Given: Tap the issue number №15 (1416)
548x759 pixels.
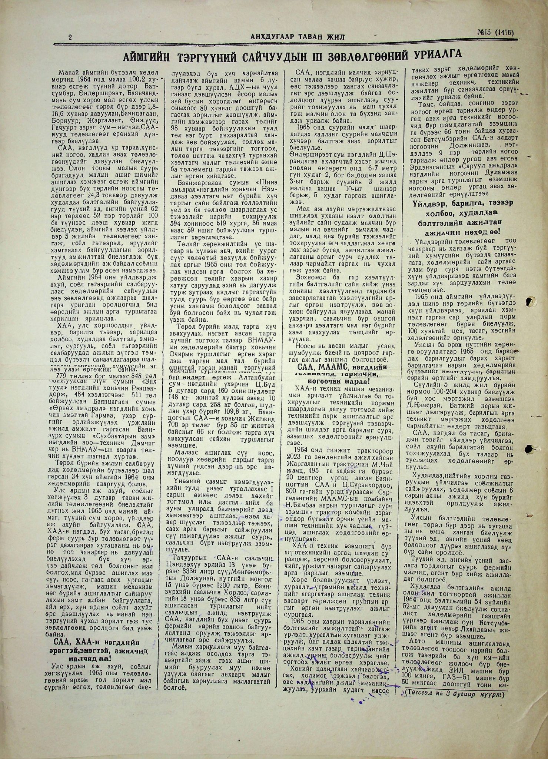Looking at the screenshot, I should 495,33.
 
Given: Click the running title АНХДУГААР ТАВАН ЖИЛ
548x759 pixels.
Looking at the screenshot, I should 292,36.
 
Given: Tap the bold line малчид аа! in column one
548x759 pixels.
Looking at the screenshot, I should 89,659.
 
